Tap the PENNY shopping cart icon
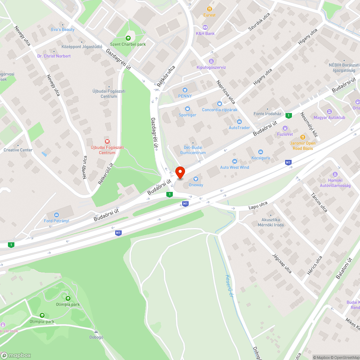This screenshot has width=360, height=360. pyautogui.click(x=185, y=90)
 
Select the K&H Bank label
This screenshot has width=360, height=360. pyautogui.click(x=205, y=33)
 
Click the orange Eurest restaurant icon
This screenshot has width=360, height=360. pyautogui.click(x=209, y=9)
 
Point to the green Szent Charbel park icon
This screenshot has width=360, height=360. pyautogui.click(x=128, y=38)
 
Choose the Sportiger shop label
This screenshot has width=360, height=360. pyautogui.click(x=188, y=115)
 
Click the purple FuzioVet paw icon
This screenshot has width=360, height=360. pyautogui.click(x=285, y=128)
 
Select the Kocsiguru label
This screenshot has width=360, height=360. pyautogui.click(x=261, y=158)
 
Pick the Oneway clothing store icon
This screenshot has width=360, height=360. pyautogui.click(x=196, y=179)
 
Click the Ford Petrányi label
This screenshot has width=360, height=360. pyautogui.click(x=57, y=221)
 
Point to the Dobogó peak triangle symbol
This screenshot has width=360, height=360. pyautogui.click(x=96, y=331)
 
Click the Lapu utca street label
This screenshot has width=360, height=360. pyautogui.click(x=258, y=205)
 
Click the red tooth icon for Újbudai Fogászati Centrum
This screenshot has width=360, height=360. pyautogui.click(x=107, y=141)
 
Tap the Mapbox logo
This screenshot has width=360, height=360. pyautogui.click(x=16, y=355)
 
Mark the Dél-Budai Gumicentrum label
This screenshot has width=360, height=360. pyautogui.click(x=193, y=150)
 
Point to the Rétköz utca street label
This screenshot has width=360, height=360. pyautogui.click(x=166, y=76)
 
